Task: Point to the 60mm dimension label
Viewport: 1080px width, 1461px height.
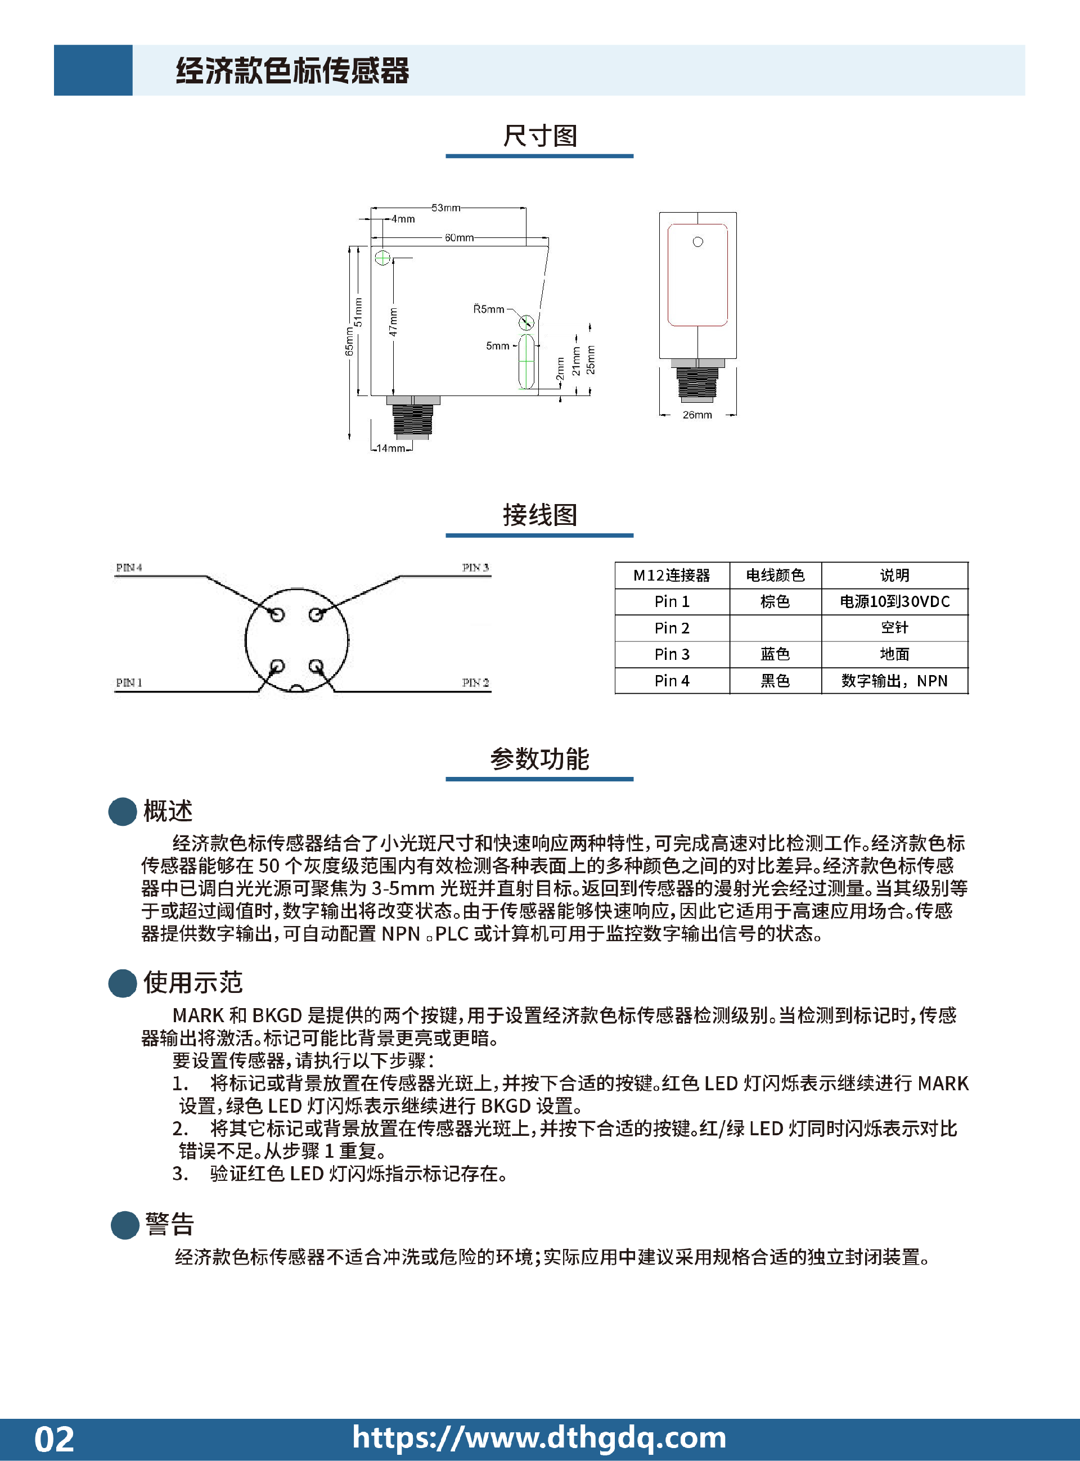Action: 459,238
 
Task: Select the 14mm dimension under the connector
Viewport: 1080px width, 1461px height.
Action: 391,448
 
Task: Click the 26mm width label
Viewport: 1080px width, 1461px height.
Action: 697,415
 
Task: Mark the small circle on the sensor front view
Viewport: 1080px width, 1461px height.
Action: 697,242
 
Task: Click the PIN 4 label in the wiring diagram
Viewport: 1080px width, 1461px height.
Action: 129,568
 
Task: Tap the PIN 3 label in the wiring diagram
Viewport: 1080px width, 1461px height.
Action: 475,568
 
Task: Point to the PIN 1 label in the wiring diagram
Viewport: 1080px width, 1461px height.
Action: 129,683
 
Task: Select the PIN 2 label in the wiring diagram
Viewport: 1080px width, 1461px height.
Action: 475,683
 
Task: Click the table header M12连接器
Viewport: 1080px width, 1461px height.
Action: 672,576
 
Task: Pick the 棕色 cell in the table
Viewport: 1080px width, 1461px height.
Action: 775,601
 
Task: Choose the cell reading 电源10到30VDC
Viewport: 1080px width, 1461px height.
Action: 894,601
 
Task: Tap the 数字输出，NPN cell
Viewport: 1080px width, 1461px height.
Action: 894,681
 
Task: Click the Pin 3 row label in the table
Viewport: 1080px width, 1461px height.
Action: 672,654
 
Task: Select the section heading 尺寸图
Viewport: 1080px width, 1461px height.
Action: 539,136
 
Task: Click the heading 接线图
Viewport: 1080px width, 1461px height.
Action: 539,515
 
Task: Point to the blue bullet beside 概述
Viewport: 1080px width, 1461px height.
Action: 122,811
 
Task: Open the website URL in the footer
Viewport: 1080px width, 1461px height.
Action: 539,1437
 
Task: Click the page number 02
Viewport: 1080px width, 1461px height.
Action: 54,1438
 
